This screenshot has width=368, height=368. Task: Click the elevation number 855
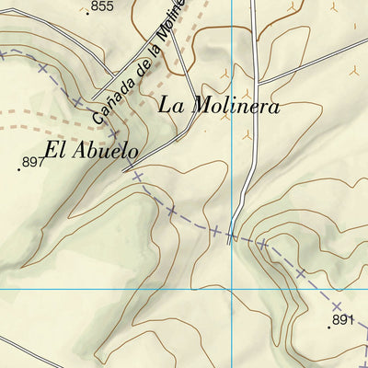[102, 6]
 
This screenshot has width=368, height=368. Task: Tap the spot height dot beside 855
[88, 13]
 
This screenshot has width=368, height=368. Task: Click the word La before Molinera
[171, 104]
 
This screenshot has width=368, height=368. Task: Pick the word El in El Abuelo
[54, 150]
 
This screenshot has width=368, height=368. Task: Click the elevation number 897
[33, 163]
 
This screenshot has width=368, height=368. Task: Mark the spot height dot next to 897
[20, 169]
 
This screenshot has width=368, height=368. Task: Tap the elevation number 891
[342, 320]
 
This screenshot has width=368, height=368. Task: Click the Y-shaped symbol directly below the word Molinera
[246, 134]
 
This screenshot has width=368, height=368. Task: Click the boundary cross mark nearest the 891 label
[338, 305]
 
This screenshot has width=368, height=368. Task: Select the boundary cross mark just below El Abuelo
[137, 176]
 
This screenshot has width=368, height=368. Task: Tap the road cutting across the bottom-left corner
[18, 349]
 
